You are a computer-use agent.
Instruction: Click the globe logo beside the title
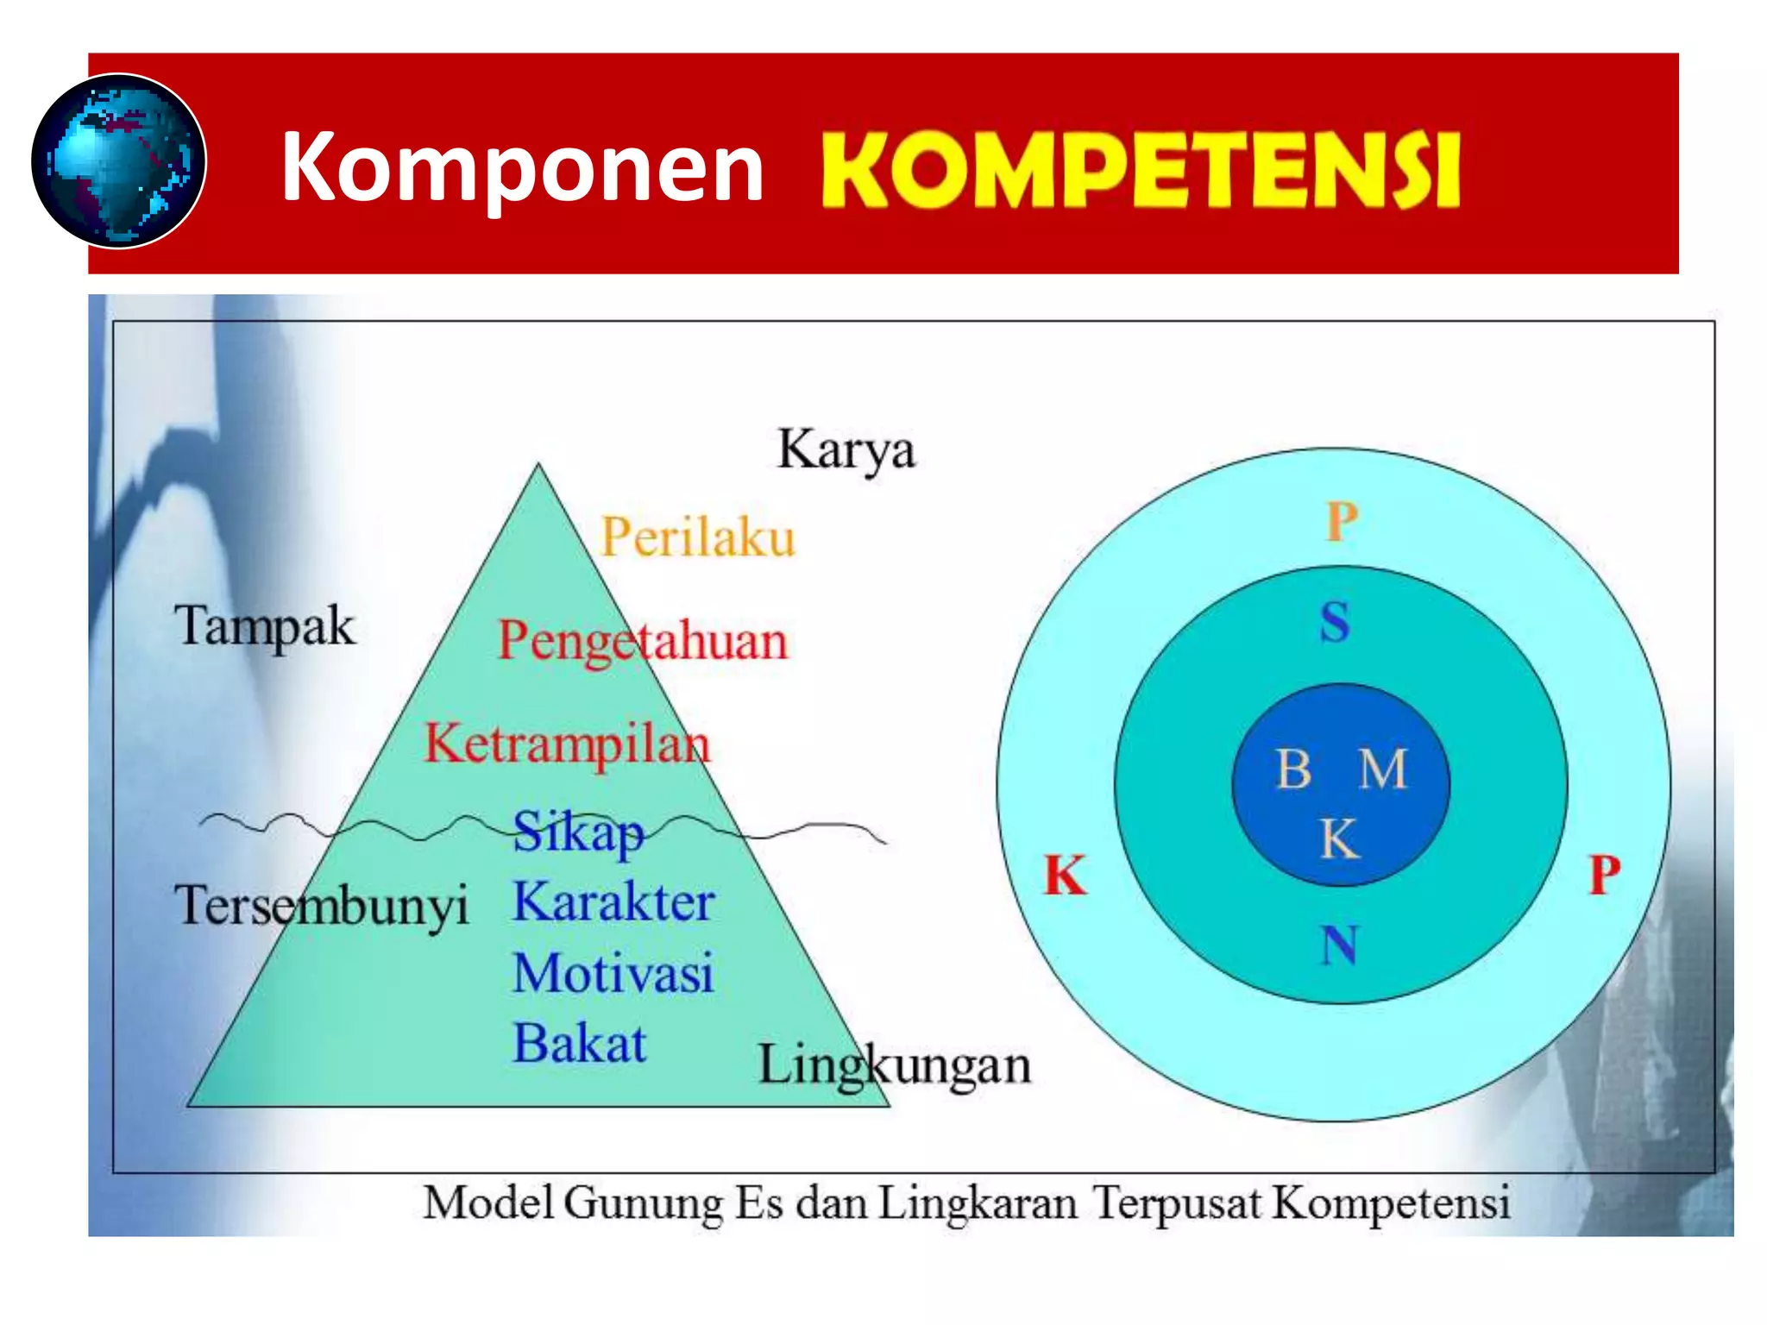pyautogui.click(x=118, y=161)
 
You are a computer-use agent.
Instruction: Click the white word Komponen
pyautogui.click(x=522, y=168)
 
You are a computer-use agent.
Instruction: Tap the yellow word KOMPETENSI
pyautogui.click(x=1140, y=171)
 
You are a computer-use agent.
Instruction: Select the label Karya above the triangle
pyautogui.click(x=846, y=450)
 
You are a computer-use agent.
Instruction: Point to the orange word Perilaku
pyautogui.click(x=697, y=537)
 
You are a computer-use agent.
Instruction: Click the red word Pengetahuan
pyautogui.click(x=644, y=642)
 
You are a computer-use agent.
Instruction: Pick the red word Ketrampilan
pyautogui.click(x=568, y=744)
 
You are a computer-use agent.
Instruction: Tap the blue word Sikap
pyautogui.click(x=578, y=833)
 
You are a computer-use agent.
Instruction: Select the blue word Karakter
pyautogui.click(x=613, y=903)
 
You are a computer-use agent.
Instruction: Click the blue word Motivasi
pyautogui.click(x=613, y=974)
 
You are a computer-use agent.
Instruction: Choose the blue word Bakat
pyautogui.click(x=579, y=1044)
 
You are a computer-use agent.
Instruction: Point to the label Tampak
pyautogui.click(x=264, y=626)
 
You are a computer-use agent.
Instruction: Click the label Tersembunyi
pyautogui.click(x=321, y=906)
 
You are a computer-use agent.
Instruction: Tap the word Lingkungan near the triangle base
pyautogui.click(x=895, y=1066)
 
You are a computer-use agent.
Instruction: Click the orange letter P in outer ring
pyautogui.click(x=1342, y=522)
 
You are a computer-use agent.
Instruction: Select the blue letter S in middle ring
pyautogui.click(x=1335, y=622)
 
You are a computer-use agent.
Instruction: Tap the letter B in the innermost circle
pyautogui.click(x=1293, y=769)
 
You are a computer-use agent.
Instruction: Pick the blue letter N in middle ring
pyautogui.click(x=1339, y=945)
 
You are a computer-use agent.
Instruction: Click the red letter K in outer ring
pyautogui.click(x=1065, y=876)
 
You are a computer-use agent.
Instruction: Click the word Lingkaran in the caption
pyautogui.click(x=978, y=1203)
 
